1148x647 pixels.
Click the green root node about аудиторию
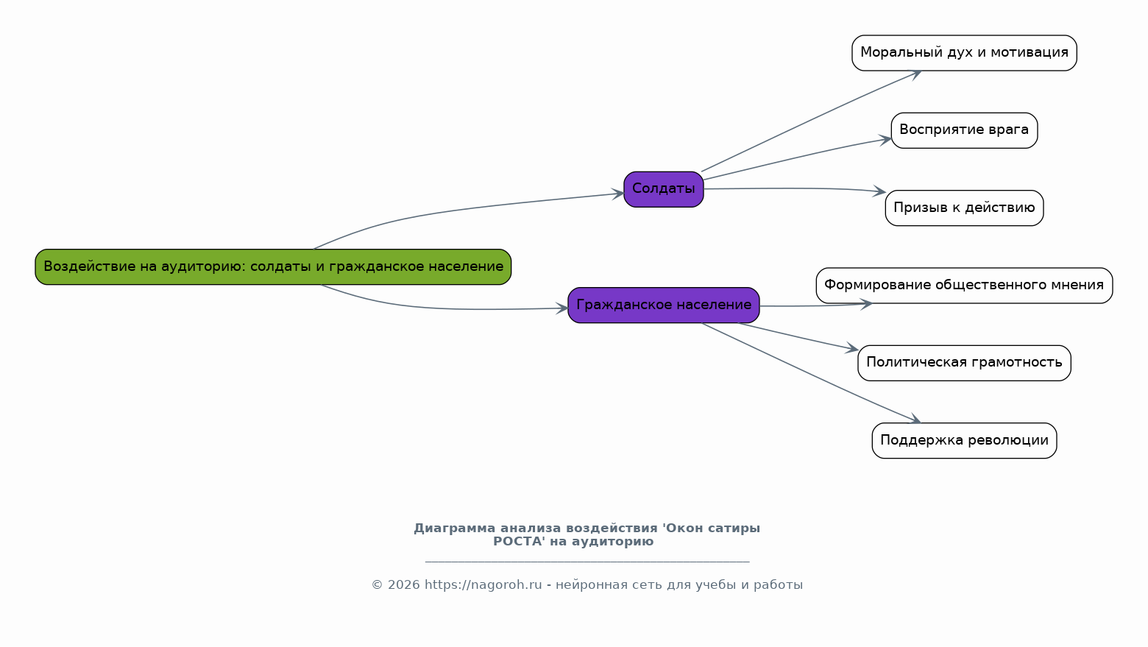(273, 267)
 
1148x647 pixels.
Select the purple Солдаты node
(664, 189)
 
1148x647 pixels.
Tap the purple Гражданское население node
(664, 305)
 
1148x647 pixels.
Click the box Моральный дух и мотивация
(964, 53)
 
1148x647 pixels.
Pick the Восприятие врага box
(964, 130)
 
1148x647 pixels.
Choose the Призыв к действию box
(964, 208)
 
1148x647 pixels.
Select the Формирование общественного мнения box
(964, 286)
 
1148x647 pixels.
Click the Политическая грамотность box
(964, 363)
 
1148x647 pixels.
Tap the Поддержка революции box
(964, 440)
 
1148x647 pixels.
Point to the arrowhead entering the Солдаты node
(618, 194)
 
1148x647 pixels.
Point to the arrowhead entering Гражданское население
(562, 308)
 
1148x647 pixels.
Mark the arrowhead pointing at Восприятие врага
(885, 139)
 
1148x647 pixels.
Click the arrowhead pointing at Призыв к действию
(880, 191)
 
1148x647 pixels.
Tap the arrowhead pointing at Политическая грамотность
(852, 348)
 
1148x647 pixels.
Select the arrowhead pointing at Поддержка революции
(915, 420)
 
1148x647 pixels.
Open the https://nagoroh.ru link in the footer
(483, 585)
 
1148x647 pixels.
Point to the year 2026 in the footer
(404, 585)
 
